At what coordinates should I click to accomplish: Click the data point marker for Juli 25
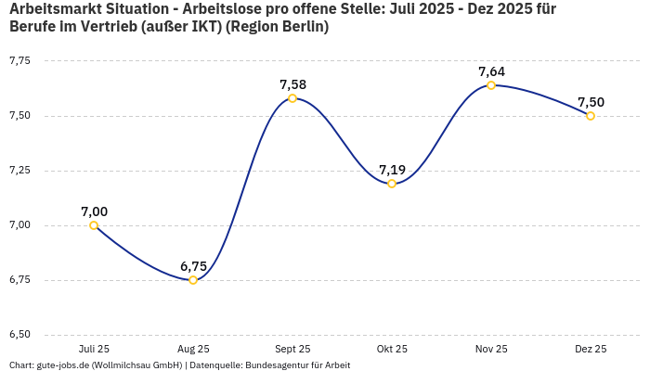[94, 225]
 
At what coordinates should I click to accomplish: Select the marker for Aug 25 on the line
[193, 280]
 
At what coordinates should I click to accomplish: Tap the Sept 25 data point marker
[292, 98]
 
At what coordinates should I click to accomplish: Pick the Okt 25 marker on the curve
[392, 184]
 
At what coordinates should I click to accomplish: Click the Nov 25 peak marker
[491, 85]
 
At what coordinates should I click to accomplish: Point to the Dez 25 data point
[591, 116]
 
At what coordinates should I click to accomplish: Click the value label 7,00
[94, 211]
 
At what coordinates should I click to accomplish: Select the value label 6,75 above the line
[193, 266]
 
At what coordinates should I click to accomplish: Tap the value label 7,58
[292, 84]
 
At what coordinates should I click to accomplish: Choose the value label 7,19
[392, 170]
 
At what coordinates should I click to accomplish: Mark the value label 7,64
[491, 71]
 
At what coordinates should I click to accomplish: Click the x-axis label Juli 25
[94, 349]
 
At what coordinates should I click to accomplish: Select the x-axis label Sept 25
[292, 349]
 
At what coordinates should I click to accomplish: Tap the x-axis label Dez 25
[591, 349]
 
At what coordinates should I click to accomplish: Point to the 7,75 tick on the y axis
[19, 61]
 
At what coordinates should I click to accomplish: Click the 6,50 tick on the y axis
[19, 335]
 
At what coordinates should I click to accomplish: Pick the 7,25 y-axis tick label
[19, 171]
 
